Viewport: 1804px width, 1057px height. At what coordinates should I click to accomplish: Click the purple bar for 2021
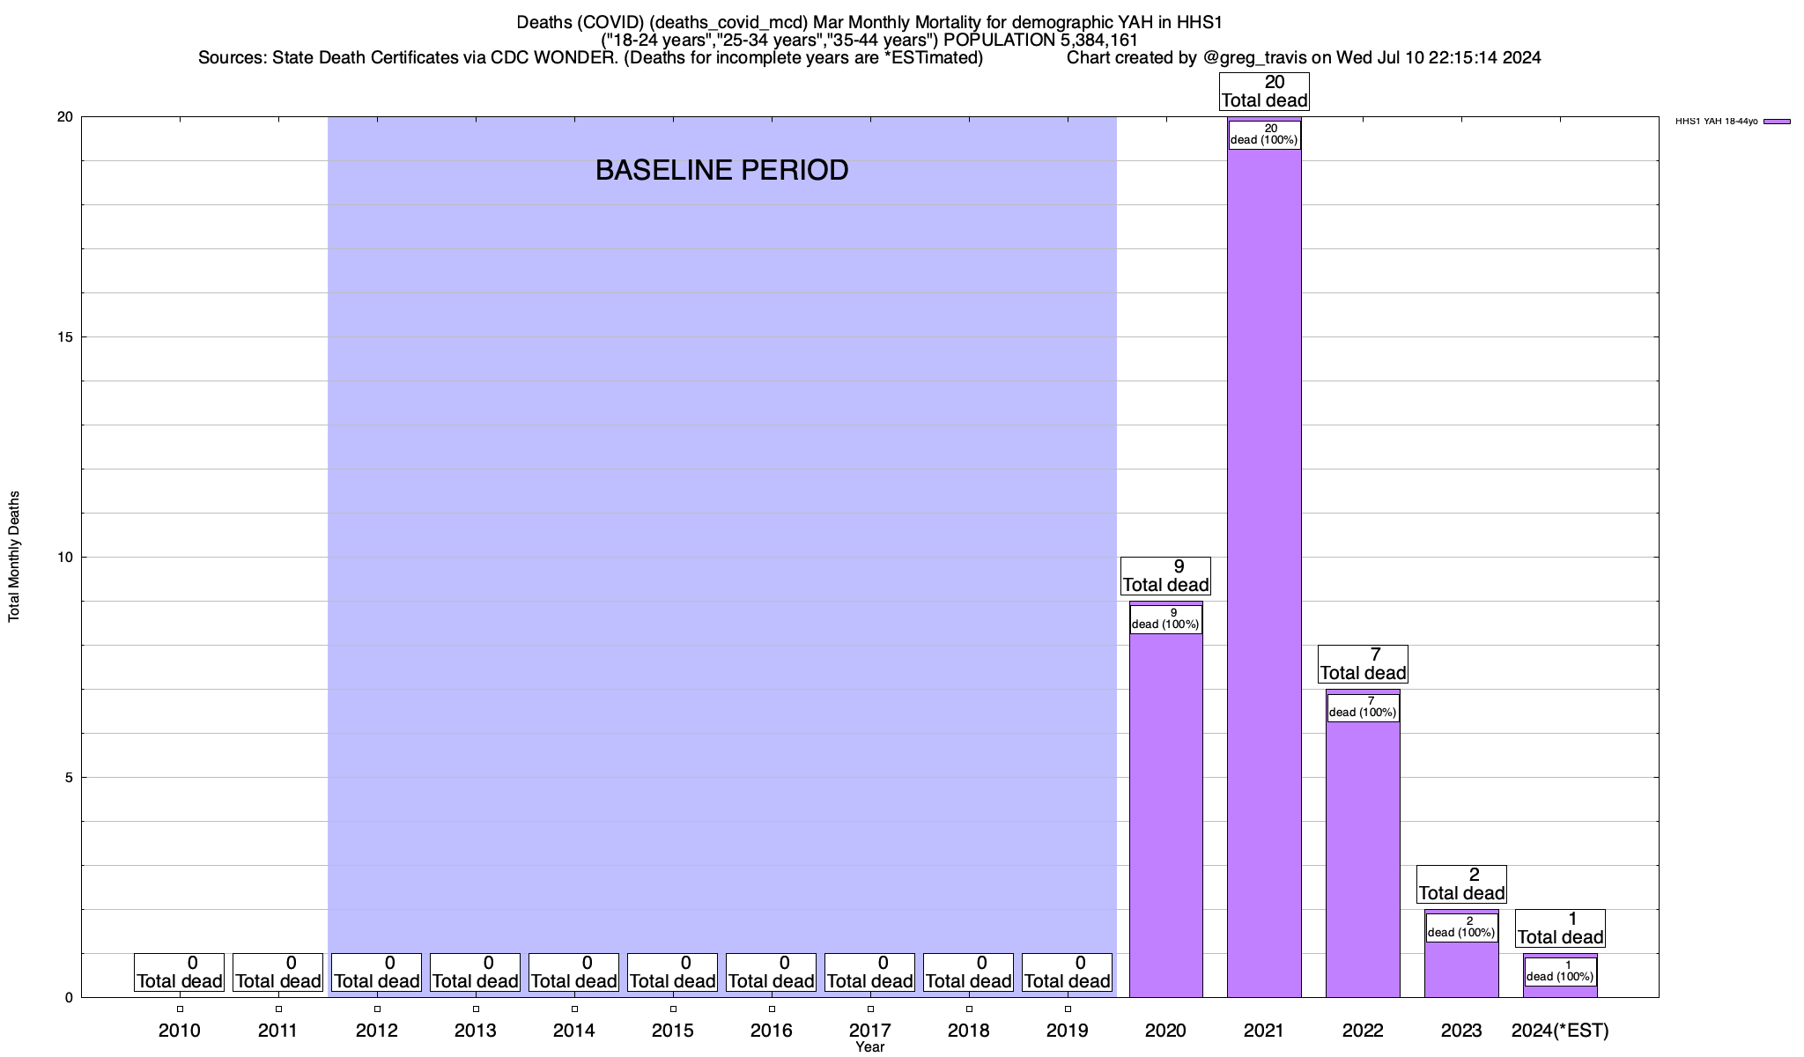(1264, 573)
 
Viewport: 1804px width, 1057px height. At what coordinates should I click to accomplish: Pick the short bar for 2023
(1461, 969)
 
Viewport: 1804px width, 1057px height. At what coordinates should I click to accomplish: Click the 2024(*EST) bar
(1560, 991)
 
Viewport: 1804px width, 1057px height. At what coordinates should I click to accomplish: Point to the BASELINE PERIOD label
(721, 170)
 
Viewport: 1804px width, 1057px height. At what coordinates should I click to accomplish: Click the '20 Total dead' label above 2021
(1264, 92)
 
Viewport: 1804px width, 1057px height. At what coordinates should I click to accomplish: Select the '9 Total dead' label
(1165, 576)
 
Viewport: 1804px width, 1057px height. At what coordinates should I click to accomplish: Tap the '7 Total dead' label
(1363, 664)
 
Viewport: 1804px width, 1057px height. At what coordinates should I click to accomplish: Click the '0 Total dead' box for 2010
(180, 972)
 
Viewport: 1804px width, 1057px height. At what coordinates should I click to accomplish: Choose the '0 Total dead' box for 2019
(1067, 972)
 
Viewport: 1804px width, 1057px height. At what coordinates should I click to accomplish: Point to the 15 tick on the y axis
(67, 337)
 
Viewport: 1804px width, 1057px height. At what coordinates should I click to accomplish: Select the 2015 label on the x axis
(673, 1031)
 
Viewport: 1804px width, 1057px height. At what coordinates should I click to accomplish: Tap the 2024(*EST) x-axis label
(1560, 1031)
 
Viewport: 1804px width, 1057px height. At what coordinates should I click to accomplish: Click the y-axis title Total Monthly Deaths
(14, 557)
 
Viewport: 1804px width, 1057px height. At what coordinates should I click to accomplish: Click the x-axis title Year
(869, 1047)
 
